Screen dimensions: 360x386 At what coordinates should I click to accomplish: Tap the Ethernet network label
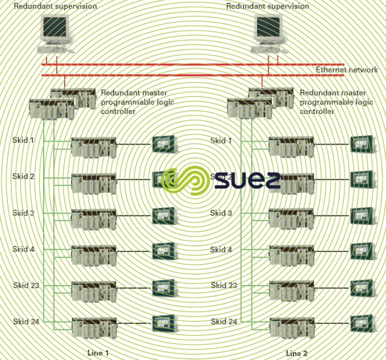pyautogui.click(x=346, y=70)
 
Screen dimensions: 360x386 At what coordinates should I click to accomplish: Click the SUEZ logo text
pyautogui.click(x=247, y=180)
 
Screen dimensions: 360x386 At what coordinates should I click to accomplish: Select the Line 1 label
pyautogui.click(x=98, y=353)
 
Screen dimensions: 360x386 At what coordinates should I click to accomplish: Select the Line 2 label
pyautogui.click(x=296, y=353)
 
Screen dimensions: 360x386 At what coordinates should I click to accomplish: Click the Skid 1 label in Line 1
pyautogui.click(x=23, y=140)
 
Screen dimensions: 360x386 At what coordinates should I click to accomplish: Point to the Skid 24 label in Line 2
pyautogui.click(x=224, y=321)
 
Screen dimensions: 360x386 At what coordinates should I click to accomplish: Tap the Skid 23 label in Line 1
pyautogui.click(x=26, y=285)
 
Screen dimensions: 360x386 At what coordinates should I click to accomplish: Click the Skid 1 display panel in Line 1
pyautogui.click(x=164, y=144)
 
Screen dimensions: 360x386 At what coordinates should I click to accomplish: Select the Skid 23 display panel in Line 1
pyautogui.click(x=164, y=287)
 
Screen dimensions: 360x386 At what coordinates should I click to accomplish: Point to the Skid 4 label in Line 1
pyautogui.click(x=23, y=249)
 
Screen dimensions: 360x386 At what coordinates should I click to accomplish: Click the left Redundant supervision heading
pyautogui.click(x=55, y=6)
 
